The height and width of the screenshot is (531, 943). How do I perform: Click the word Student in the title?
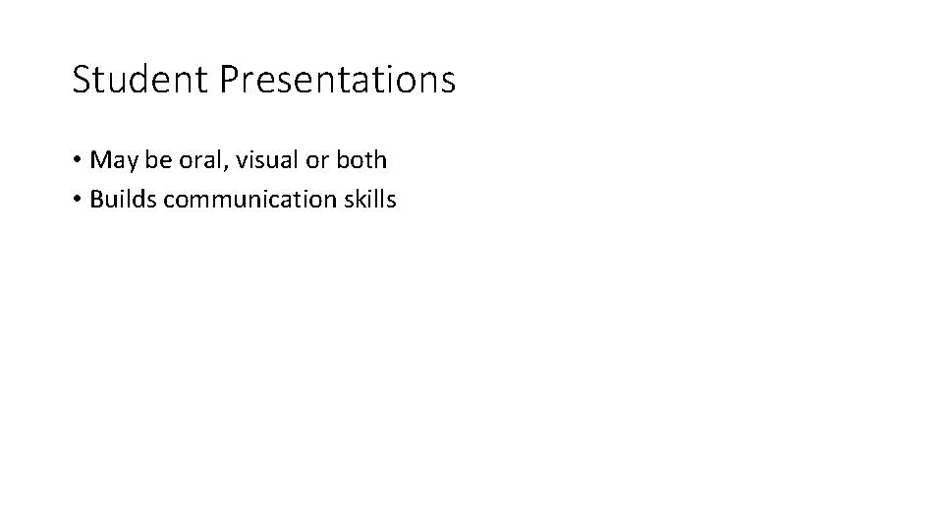140,80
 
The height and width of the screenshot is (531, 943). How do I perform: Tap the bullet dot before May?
77,160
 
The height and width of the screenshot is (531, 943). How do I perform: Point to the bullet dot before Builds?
77,201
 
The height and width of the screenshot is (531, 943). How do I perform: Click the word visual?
253,159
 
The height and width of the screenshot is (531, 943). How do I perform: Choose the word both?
359,159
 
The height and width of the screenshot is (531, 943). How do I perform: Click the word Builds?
123,200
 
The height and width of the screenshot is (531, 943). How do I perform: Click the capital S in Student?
82,80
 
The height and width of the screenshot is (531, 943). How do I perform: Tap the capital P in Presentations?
229,80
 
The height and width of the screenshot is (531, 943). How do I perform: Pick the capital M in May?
99,160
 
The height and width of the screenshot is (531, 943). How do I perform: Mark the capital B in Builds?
96,200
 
